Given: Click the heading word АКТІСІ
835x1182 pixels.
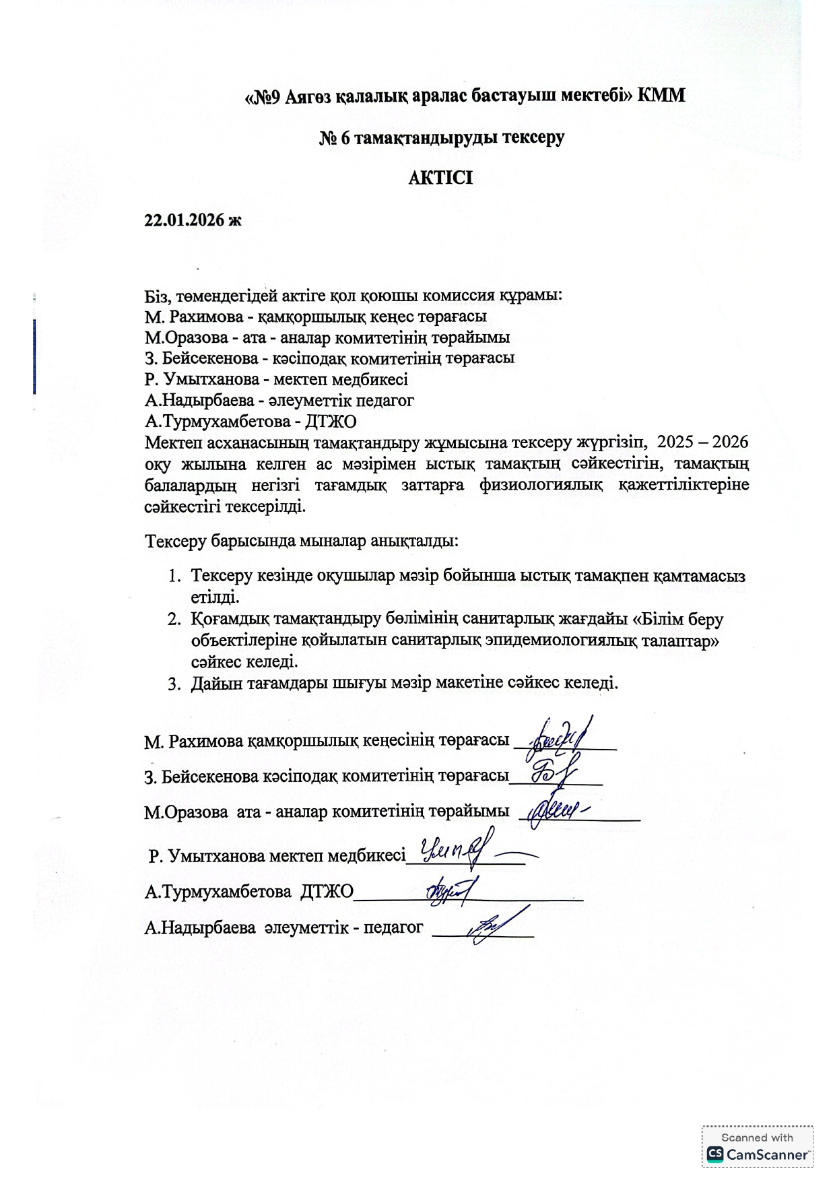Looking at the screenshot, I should [x=441, y=178].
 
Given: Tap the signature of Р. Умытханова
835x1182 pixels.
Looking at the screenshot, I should [x=458, y=849].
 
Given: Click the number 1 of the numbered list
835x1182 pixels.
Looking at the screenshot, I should [x=174, y=576].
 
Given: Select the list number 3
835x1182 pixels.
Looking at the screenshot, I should [x=174, y=683].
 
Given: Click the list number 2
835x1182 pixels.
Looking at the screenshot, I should [x=174, y=619].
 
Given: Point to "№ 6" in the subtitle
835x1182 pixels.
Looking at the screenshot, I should [x=334, y=137].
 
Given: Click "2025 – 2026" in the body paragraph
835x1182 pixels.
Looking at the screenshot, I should [x=702, y=442].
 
